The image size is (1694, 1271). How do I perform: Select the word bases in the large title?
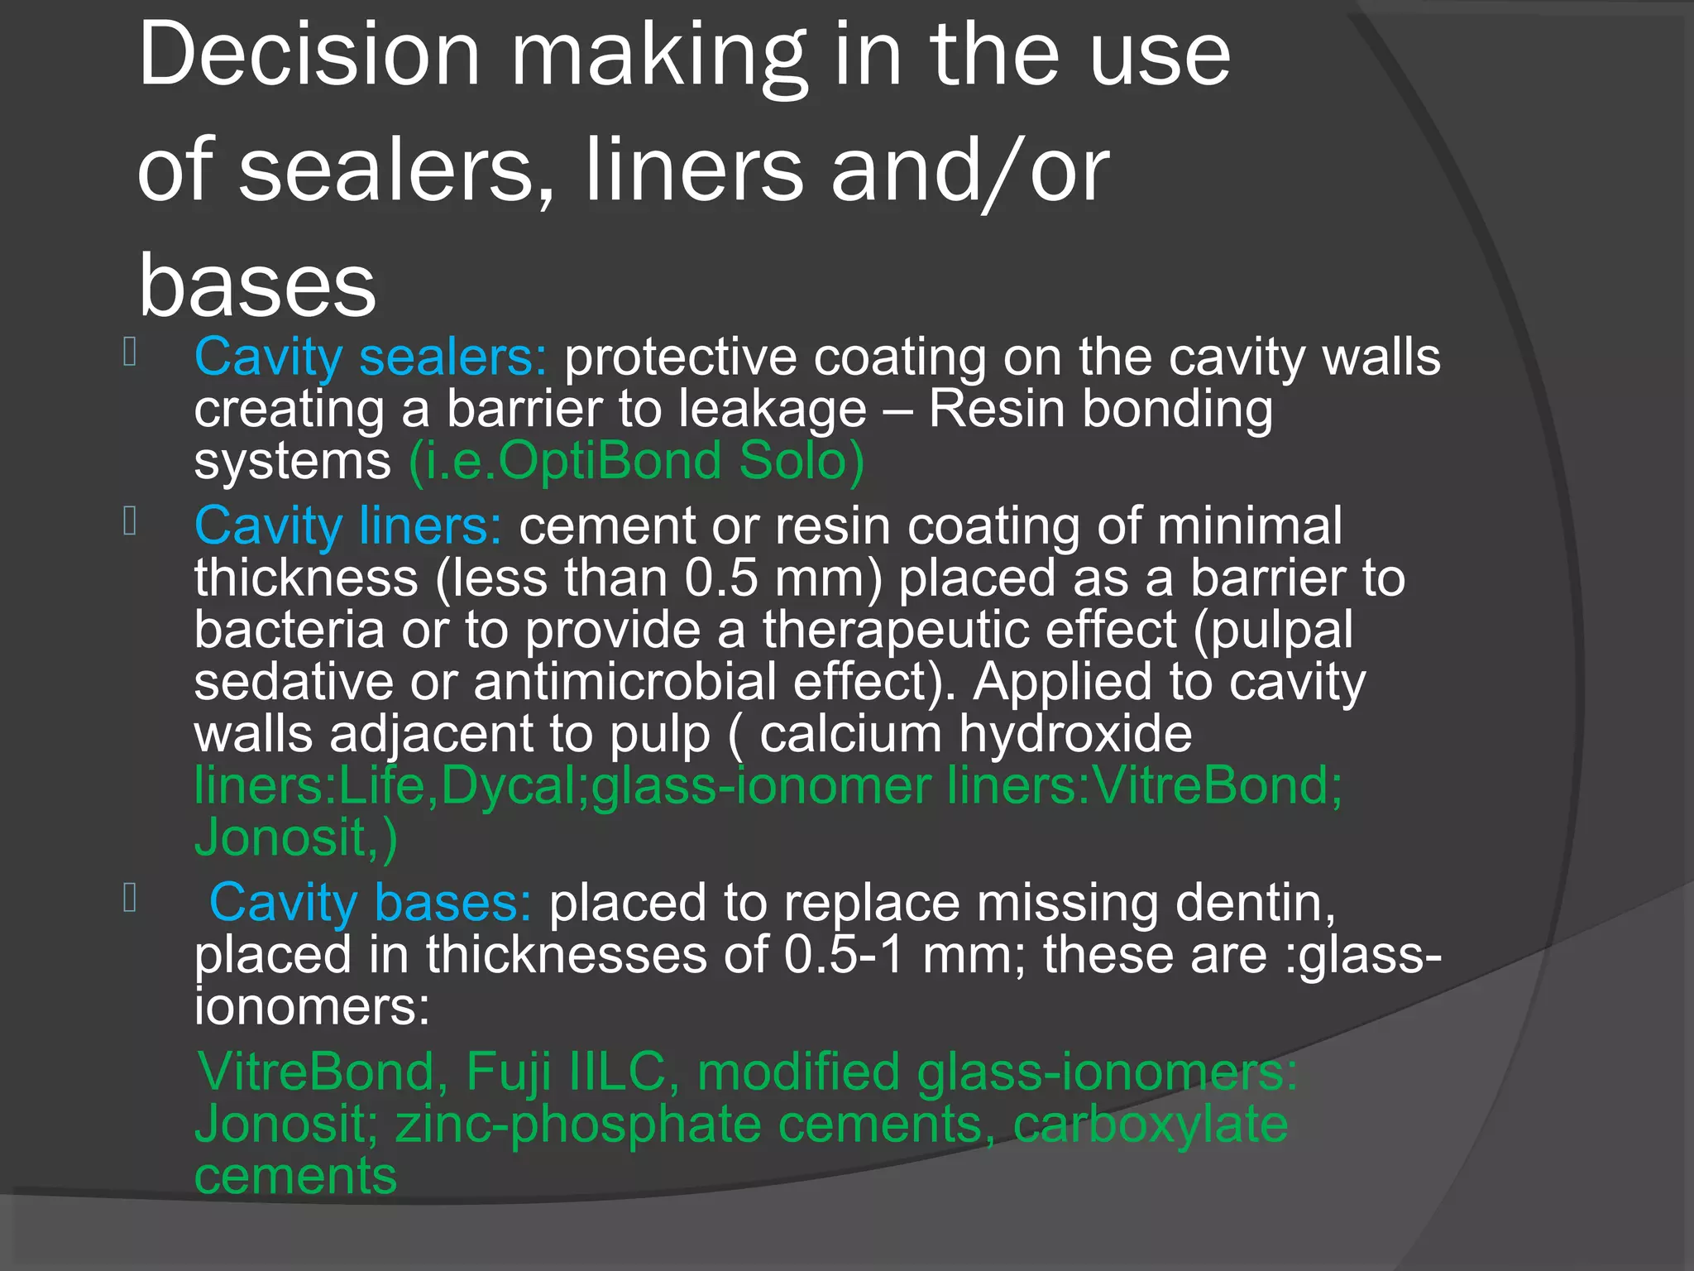(257, 286)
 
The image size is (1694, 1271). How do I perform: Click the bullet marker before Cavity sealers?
(130, 353)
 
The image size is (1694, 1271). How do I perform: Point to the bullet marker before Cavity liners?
(130, 521)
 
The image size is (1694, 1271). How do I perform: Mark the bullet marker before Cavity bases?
(130, 898)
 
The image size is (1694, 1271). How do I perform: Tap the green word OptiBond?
(610, 461)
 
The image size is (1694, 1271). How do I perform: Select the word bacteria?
(290, 630)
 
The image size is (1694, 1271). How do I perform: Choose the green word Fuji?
(508, 1072)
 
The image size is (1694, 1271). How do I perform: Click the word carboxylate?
(1151, 1125)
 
